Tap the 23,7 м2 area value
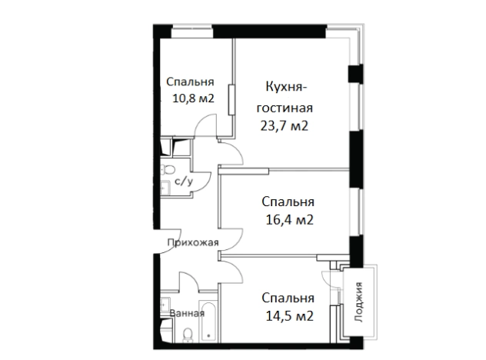tap(285, 126)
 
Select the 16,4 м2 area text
tap(288, 219)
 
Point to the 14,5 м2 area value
tap(288, 315)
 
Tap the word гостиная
tap(285, 106)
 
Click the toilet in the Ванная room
tap(187, 333)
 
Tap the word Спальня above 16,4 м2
tap(288, 202)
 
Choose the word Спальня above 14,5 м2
tap(288, 298)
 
